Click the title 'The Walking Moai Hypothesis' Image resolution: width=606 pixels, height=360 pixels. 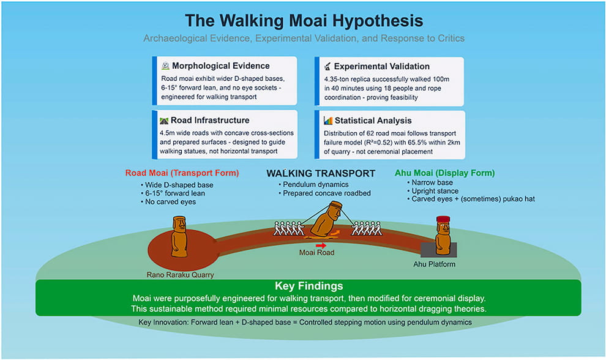click(304, 21)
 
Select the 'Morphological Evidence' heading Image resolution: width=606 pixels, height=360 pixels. click(221, 66)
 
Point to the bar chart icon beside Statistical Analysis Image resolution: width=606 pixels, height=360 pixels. click(327, 121)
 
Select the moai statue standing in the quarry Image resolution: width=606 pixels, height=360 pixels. click(179, 236)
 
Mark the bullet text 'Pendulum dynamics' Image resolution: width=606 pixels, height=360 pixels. click(316, 184)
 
